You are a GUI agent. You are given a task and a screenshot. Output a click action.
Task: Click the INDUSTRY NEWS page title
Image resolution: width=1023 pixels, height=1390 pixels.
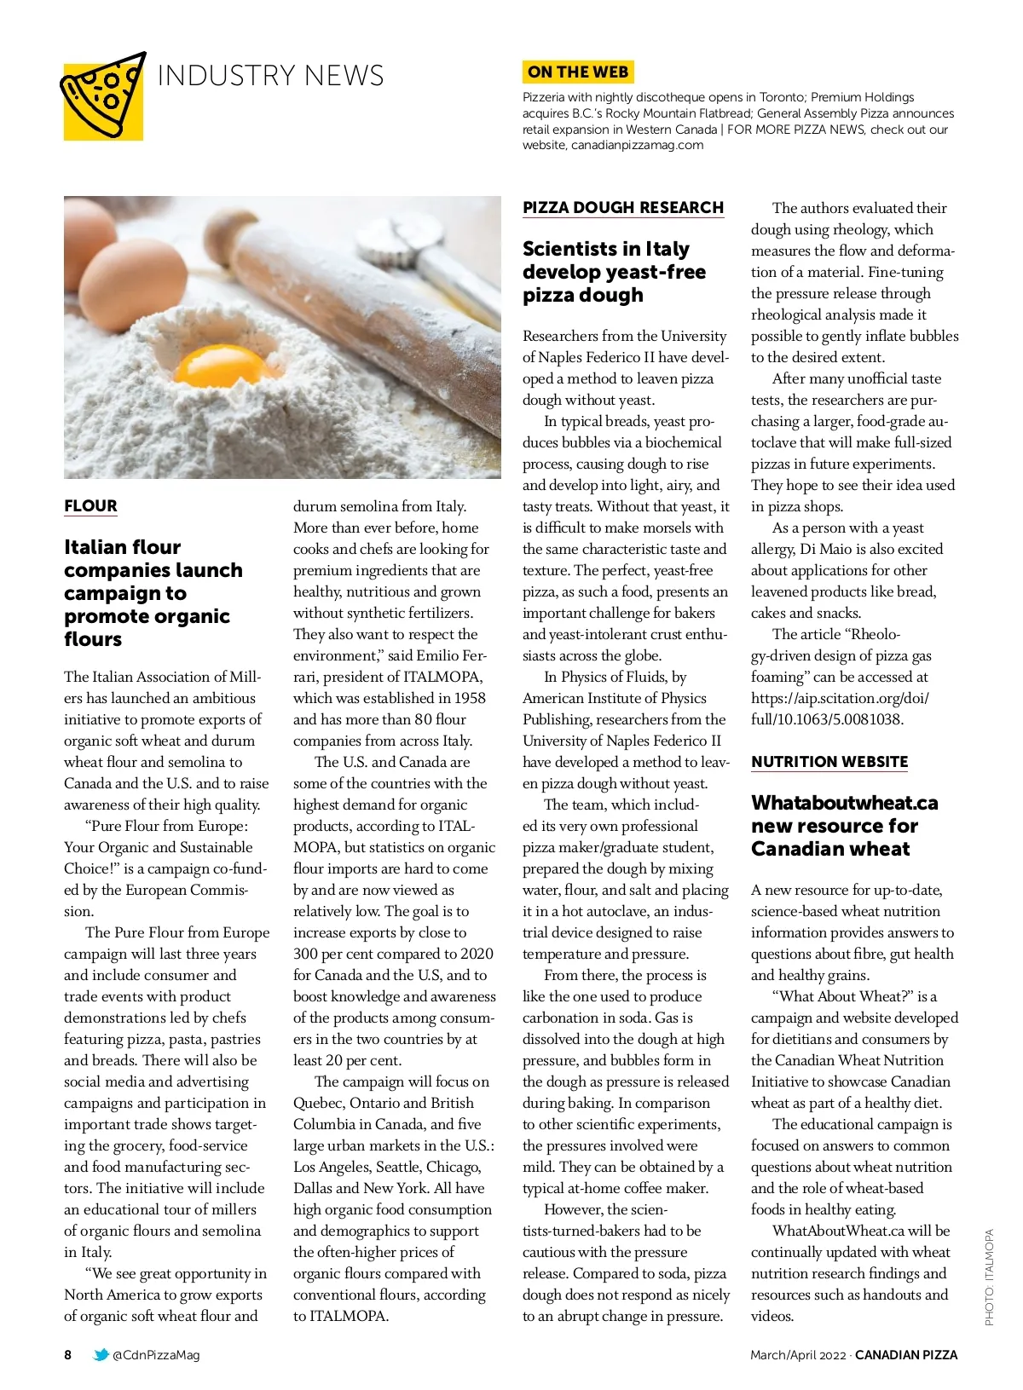click(x=270, y=76)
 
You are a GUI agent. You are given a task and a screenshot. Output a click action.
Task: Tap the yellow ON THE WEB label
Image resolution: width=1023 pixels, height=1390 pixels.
click(x=578, y=72)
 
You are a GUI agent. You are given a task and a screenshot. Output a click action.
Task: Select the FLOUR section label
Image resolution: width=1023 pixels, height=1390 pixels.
click(x=90, y=506)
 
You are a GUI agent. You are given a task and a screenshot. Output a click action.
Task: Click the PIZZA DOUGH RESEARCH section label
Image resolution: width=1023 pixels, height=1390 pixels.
click(x=623, y=208)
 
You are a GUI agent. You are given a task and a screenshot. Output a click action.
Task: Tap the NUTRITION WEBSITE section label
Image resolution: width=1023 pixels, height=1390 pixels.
click(x=829, y=762)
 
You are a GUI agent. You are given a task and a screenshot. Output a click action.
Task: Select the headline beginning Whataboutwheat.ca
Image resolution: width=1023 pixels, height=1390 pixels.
click(x=844, y=826)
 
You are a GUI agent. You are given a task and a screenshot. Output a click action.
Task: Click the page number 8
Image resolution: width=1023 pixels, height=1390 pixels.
click(x=68, y=1355)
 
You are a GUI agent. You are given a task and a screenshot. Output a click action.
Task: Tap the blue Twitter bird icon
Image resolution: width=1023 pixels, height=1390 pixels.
click(x=101, y=1355)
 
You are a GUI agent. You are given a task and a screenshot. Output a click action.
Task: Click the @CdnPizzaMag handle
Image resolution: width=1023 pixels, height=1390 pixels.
click(x=156, y=1355)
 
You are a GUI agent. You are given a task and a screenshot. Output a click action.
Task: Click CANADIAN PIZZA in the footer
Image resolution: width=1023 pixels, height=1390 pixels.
click(x=906, y=1355)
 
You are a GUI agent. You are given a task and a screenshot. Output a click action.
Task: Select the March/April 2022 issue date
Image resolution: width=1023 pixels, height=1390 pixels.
click(x=798, y=1355)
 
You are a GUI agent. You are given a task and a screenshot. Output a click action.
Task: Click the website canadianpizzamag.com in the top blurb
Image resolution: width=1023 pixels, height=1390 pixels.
click(x=638, y=146)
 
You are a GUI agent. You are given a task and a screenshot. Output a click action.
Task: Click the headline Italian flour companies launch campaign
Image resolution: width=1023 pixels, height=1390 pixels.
click(x=153, y=593)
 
